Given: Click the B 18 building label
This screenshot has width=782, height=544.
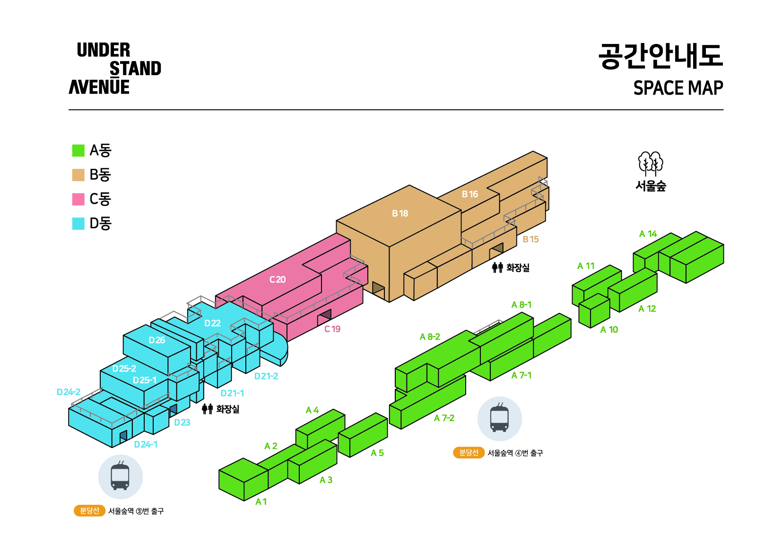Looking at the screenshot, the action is click(400, 214).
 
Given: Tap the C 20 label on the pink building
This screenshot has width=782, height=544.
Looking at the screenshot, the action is click(278, 279).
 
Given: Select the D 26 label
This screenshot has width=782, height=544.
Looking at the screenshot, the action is click(157, 340).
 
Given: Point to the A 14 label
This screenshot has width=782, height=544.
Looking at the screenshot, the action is click(648, 234).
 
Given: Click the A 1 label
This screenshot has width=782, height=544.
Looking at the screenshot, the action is click(261, 502).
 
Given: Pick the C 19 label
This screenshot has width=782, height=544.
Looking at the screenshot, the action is click(332, 329).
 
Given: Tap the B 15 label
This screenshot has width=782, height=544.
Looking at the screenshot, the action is click(530, 239).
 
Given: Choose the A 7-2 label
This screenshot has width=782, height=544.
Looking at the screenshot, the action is click(444, 418).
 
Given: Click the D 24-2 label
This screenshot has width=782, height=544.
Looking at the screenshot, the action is click(69, 392).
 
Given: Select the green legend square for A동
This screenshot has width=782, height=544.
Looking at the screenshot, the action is click(78, 151).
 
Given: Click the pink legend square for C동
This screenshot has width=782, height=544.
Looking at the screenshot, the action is click(78, 199).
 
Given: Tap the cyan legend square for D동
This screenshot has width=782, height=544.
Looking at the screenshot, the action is click(78, 224).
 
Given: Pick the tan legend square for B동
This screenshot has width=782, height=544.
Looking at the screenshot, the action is click(78, 175).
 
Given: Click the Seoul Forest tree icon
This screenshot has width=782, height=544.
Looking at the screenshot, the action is click(651, 164).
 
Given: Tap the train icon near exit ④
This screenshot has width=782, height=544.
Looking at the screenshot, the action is click(500, 419).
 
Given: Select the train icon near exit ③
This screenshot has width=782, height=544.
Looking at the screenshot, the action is click(121, 477).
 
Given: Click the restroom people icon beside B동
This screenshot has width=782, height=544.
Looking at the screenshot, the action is click(497, 268).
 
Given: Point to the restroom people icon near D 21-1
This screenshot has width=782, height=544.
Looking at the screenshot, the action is click(208, 409).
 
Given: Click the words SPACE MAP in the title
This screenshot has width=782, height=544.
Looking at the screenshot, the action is click(678, 88).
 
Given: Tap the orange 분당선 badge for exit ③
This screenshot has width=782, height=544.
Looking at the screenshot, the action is click(89, 511).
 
